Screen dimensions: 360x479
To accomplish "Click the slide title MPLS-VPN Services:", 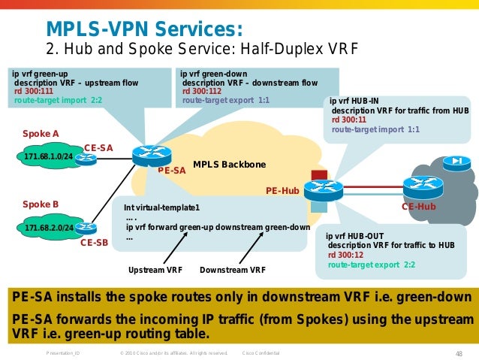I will (145, 29).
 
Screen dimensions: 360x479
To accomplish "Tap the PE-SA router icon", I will (152, 156).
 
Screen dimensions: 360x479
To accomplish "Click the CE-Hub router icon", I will (423, 186).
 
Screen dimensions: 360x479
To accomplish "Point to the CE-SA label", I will (98, 148).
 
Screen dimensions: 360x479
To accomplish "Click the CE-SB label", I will (95, 242).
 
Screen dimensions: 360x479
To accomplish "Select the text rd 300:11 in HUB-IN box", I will (349, 119).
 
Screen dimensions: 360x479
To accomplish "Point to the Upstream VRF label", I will (155, 270).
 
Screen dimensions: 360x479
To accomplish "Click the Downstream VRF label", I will (233, 270).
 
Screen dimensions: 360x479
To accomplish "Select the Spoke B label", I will (41, 204).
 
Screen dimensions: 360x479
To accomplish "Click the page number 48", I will (459, 352).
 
